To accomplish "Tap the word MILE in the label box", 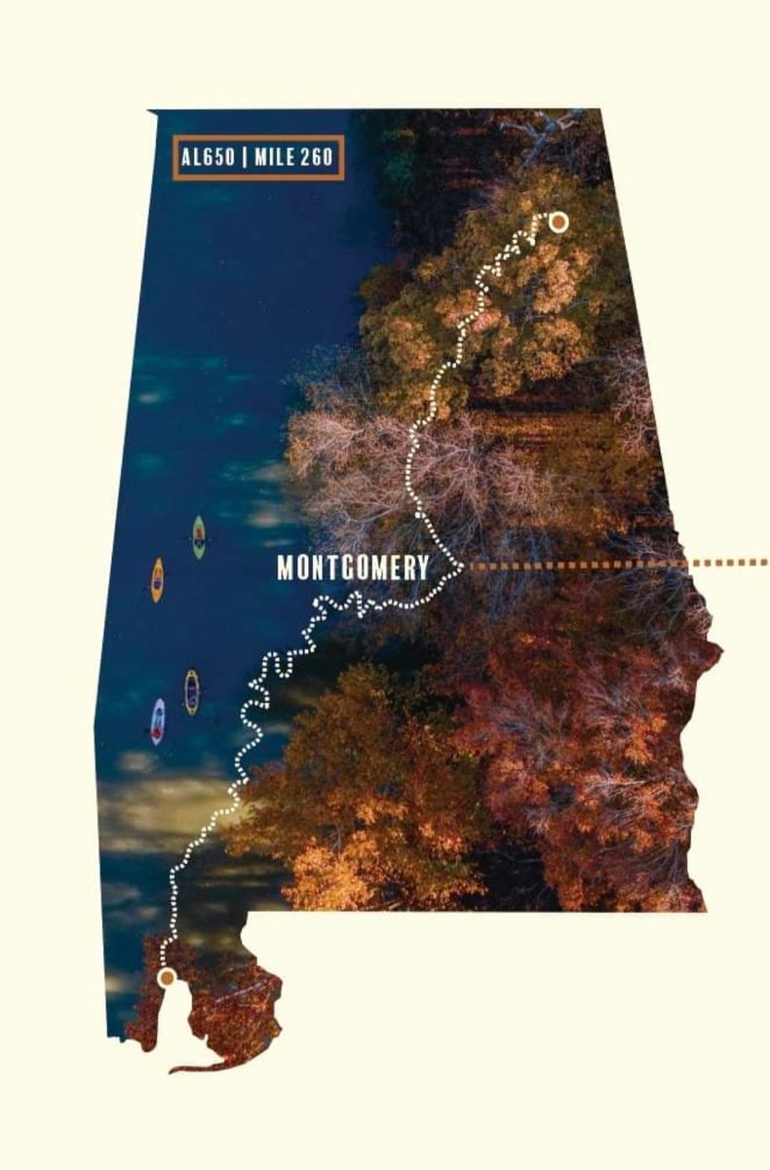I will point(276,158).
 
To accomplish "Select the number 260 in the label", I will point(319,158).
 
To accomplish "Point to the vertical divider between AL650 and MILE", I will point(244,158).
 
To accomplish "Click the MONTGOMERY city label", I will point(353,568).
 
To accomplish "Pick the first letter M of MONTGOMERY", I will point(286,568).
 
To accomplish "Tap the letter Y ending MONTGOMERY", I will point(423,568).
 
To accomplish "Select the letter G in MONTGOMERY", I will point(348,568).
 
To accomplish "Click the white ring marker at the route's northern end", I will point(558,222).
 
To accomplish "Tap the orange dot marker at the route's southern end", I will point(167,976).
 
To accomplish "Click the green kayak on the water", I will point(199,537).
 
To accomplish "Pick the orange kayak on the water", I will point(157,580).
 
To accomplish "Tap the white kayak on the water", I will point(158,721).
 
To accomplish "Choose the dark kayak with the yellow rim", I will point(192,692).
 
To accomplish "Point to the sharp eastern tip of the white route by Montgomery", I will point(461,564).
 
